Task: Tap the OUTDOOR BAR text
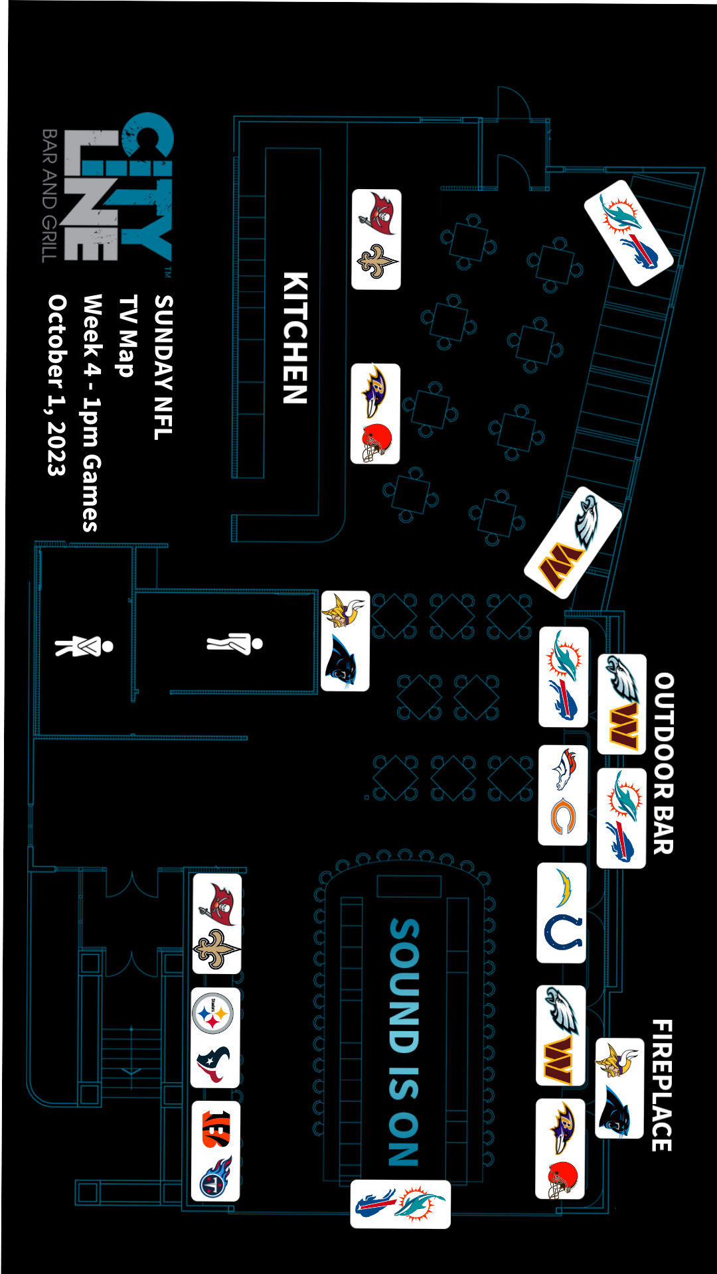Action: [x=663, y=763]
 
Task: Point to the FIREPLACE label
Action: [x=662, y=1085]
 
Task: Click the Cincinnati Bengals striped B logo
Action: [x=216, y=1128]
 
